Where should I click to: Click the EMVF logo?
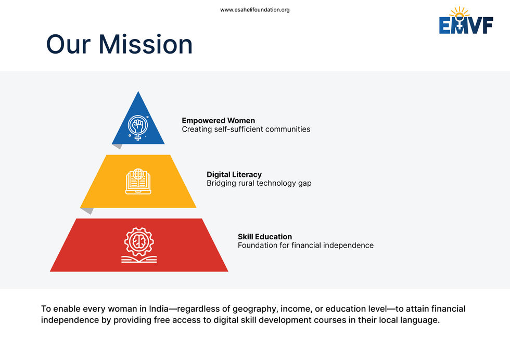click(466, 20)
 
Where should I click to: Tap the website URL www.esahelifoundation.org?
click(254, 10)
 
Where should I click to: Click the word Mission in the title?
click(146, 44)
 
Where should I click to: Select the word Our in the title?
click(68, 44)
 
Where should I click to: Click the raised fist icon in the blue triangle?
click(138, 127)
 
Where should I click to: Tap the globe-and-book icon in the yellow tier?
click(138, 181)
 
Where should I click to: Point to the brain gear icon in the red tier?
click(139, 245)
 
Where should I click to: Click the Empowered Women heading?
click(218, 121)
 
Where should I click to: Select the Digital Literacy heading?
click(234, 175)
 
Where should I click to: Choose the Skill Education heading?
click(265, 237)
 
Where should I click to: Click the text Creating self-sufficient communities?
click(246, 130)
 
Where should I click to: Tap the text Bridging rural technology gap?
click(259, 184)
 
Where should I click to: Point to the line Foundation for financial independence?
click(305, 246)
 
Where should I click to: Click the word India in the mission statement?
click(158, 308)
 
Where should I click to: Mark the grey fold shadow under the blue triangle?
click(118, 146)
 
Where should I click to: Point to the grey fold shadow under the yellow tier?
click(88, 211)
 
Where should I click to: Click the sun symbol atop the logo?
click(459, 13)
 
